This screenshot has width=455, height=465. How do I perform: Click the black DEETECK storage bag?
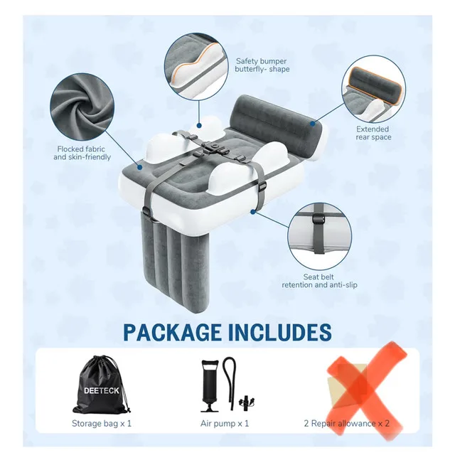[x=101, y=386]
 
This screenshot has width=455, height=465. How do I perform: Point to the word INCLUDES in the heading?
[x=285, y=332]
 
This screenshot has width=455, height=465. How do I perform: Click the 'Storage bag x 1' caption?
[x=102, y=424]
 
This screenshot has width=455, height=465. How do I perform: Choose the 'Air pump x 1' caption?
[x=225, y=424]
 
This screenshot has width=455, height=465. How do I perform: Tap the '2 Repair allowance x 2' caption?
[x=347, y=424]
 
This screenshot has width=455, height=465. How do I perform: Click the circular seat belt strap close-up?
[x=320, y=235]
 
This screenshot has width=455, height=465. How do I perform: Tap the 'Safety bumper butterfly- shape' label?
[x=262, y=65]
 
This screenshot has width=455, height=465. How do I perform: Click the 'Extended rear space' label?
[x=373, y=134]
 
